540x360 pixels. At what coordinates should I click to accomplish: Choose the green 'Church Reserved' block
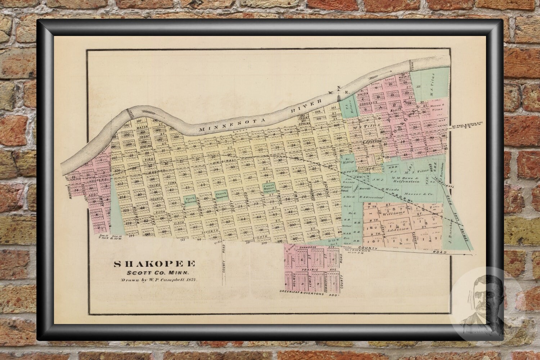click(221, 195)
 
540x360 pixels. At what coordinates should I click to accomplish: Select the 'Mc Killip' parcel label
click(348, 160)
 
